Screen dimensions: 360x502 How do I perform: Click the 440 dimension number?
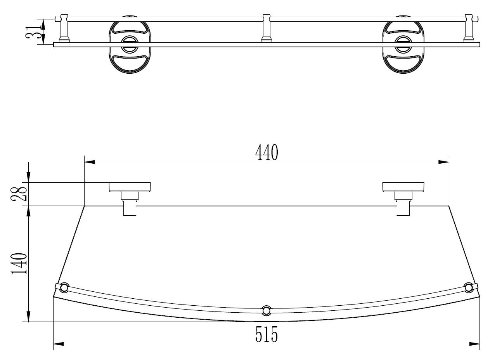[267, 153]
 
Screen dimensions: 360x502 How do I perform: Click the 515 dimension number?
[267, 334]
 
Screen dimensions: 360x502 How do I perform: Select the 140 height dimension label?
[19, 264]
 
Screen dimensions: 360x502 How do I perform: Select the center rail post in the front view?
[266, 29]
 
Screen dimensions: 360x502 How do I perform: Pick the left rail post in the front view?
[64, 29]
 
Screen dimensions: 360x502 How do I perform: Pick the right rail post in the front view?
[469, 29]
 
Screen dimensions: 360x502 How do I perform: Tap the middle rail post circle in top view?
[266, 310]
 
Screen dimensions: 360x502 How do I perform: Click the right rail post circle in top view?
[469, 287]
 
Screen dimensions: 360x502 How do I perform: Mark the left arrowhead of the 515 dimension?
[59, 343]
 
